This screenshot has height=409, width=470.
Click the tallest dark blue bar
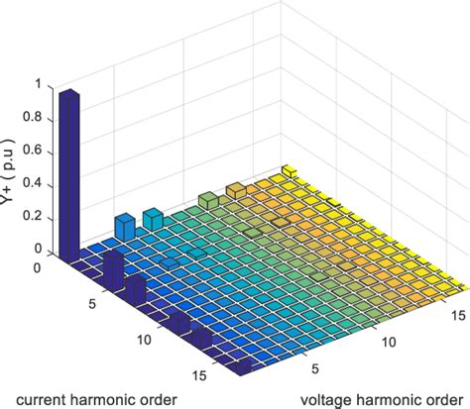[x=68, y=173]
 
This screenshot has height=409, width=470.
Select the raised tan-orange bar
[x=236, y=190]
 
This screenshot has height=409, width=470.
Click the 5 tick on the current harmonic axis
[x=92, y=305]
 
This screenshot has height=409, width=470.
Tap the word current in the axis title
[x=34, y=399]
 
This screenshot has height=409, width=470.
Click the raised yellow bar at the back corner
[x=287, y=171]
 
